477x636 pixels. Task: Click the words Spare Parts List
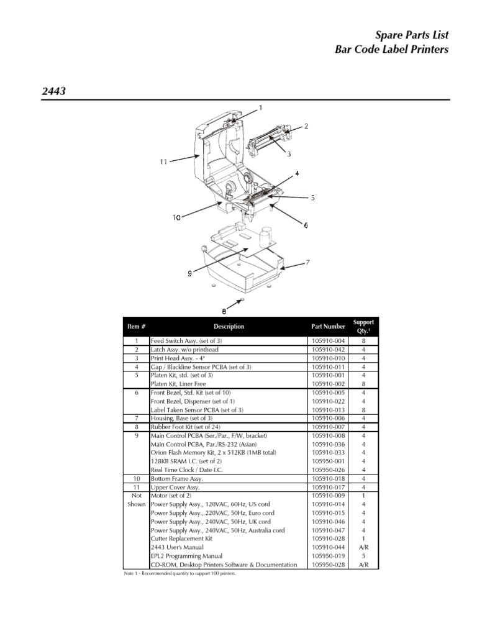point(413,35)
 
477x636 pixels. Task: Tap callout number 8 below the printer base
point(224,311)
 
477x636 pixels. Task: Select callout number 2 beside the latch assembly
point(306,126)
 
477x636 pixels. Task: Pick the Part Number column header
point(328,327)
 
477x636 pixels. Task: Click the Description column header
point(229,327)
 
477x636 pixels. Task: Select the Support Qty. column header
point(363,327)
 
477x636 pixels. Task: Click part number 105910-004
point(328,342)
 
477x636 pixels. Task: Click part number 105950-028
point(328,565)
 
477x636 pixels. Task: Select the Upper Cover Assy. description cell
point(175,488)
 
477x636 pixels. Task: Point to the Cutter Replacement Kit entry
point(181,539)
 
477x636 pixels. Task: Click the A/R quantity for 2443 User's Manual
point(363,548)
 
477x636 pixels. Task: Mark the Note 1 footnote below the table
point(180,574)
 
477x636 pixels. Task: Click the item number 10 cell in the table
point(135,479)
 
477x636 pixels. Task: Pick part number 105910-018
point(328,479)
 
